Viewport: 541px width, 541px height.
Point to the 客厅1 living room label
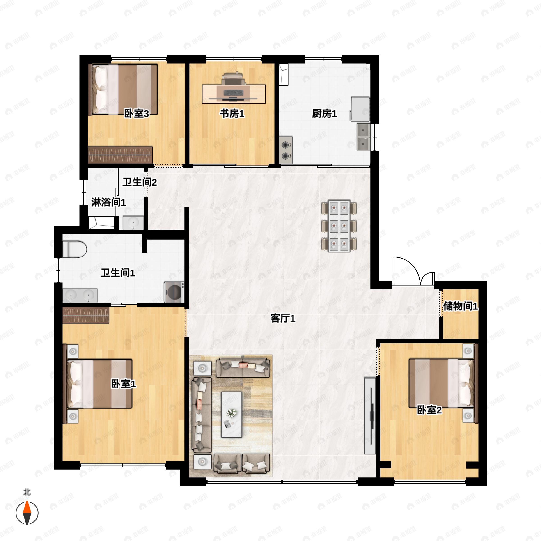283,318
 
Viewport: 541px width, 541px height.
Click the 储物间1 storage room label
460,306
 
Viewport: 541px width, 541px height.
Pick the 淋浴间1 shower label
108,202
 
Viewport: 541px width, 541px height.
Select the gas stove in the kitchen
286,150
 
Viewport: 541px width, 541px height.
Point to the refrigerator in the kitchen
360,109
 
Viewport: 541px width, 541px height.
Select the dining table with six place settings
339,226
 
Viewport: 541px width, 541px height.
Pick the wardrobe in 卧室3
120,155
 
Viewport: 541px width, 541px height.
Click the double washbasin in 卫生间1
80,296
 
